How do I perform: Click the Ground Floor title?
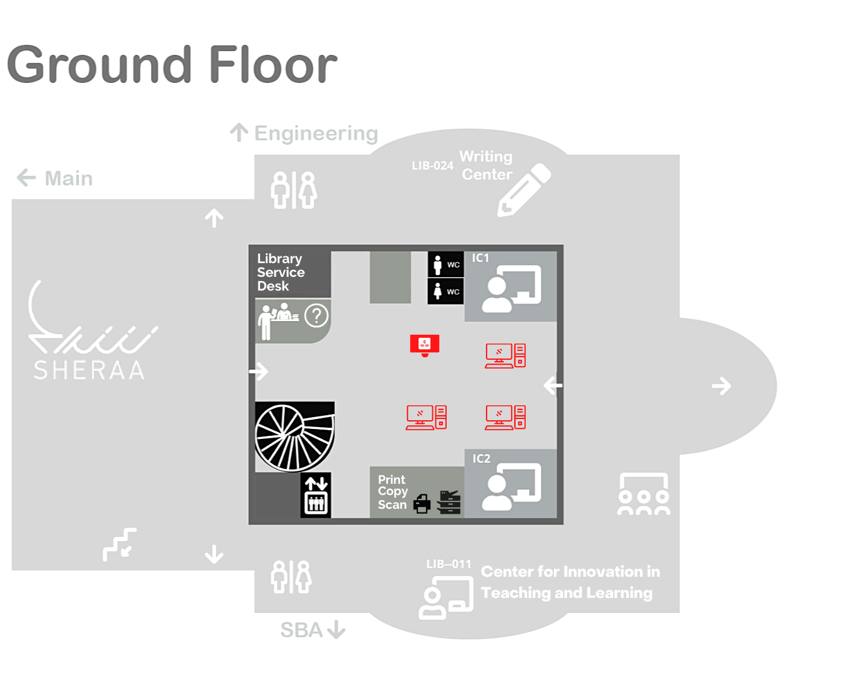point(172,65)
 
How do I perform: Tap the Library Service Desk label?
point(281,272)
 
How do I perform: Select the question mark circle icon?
point(316,316)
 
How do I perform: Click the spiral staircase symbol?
point(294,436)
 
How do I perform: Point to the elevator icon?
point(316,495)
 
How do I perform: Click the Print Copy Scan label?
point(392,492)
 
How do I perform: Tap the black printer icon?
point(422,503)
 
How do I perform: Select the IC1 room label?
point(480,258)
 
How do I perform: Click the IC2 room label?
point(481,459)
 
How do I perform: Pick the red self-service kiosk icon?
point(425,345)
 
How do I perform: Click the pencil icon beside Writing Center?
point(523,190)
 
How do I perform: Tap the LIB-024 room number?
point(432,166)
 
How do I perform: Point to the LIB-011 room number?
point(449,564)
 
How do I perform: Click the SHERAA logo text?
point(89,370)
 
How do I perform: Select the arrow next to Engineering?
point(239,132)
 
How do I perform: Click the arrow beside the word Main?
point(26,178)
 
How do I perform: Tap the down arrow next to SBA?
point(336,630)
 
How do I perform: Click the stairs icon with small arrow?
point(120,544)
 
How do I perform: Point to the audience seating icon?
point(644,494)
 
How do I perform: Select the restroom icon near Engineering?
point(294,190)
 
